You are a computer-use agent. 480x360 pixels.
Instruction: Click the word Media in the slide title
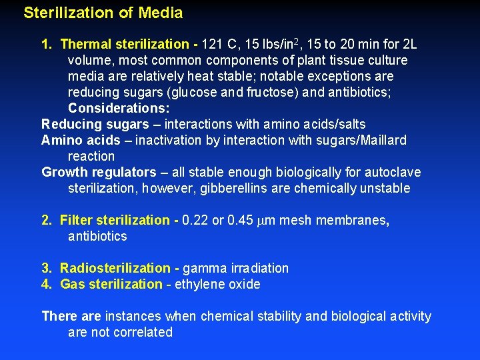point(160,13)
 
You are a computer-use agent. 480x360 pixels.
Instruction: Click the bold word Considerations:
point(119,109)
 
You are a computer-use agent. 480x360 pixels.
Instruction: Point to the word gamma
point(204,269)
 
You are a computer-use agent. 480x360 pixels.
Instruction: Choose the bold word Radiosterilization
point(115,269)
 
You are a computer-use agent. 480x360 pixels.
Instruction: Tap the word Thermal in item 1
point(85,45)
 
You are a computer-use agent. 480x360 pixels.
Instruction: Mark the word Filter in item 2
point(76,221)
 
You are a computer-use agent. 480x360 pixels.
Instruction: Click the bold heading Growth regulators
point(99,173)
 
